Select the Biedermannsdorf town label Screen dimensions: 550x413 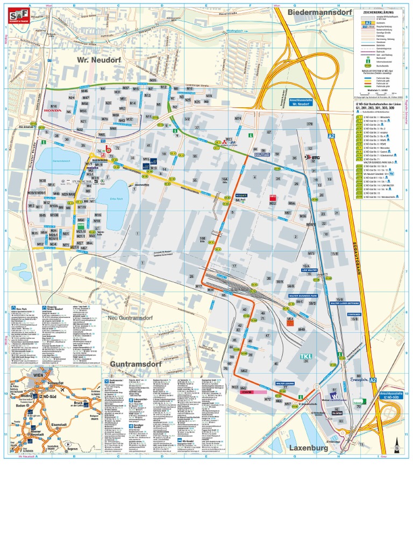pos(319,11)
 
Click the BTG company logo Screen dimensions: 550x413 pos(311,157)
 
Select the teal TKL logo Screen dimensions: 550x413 pos(305,357)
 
